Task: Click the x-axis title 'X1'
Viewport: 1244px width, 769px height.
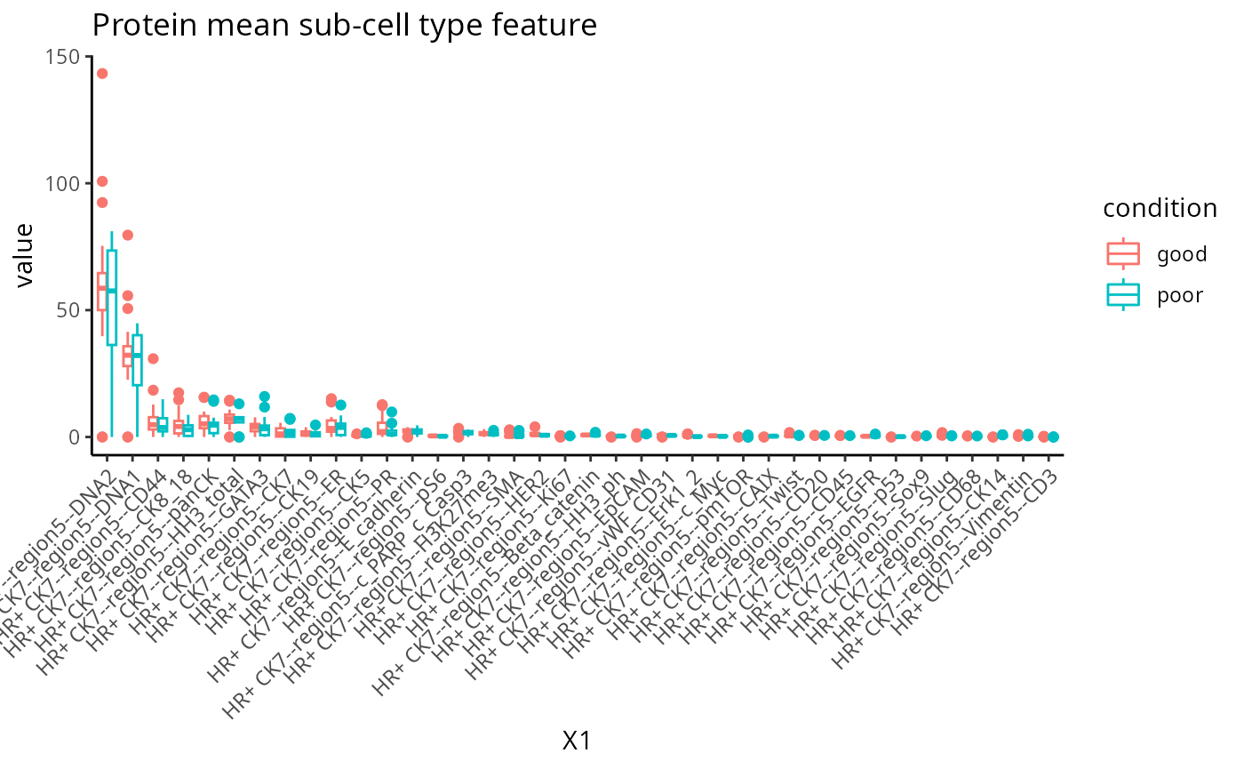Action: tap(577, 740)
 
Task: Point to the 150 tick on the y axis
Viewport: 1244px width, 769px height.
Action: tap(68, 56)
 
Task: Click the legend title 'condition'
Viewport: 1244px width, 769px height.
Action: tap(1160, 208)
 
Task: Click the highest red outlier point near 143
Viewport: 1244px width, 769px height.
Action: tap(102, 74)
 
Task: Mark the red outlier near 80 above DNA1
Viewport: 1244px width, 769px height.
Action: tap(127, 235)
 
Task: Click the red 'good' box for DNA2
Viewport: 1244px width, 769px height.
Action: tap(102, 292)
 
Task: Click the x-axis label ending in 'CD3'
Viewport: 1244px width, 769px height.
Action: tap(977, 533)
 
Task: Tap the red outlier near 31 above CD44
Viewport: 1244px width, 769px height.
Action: tap(153, 358)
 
